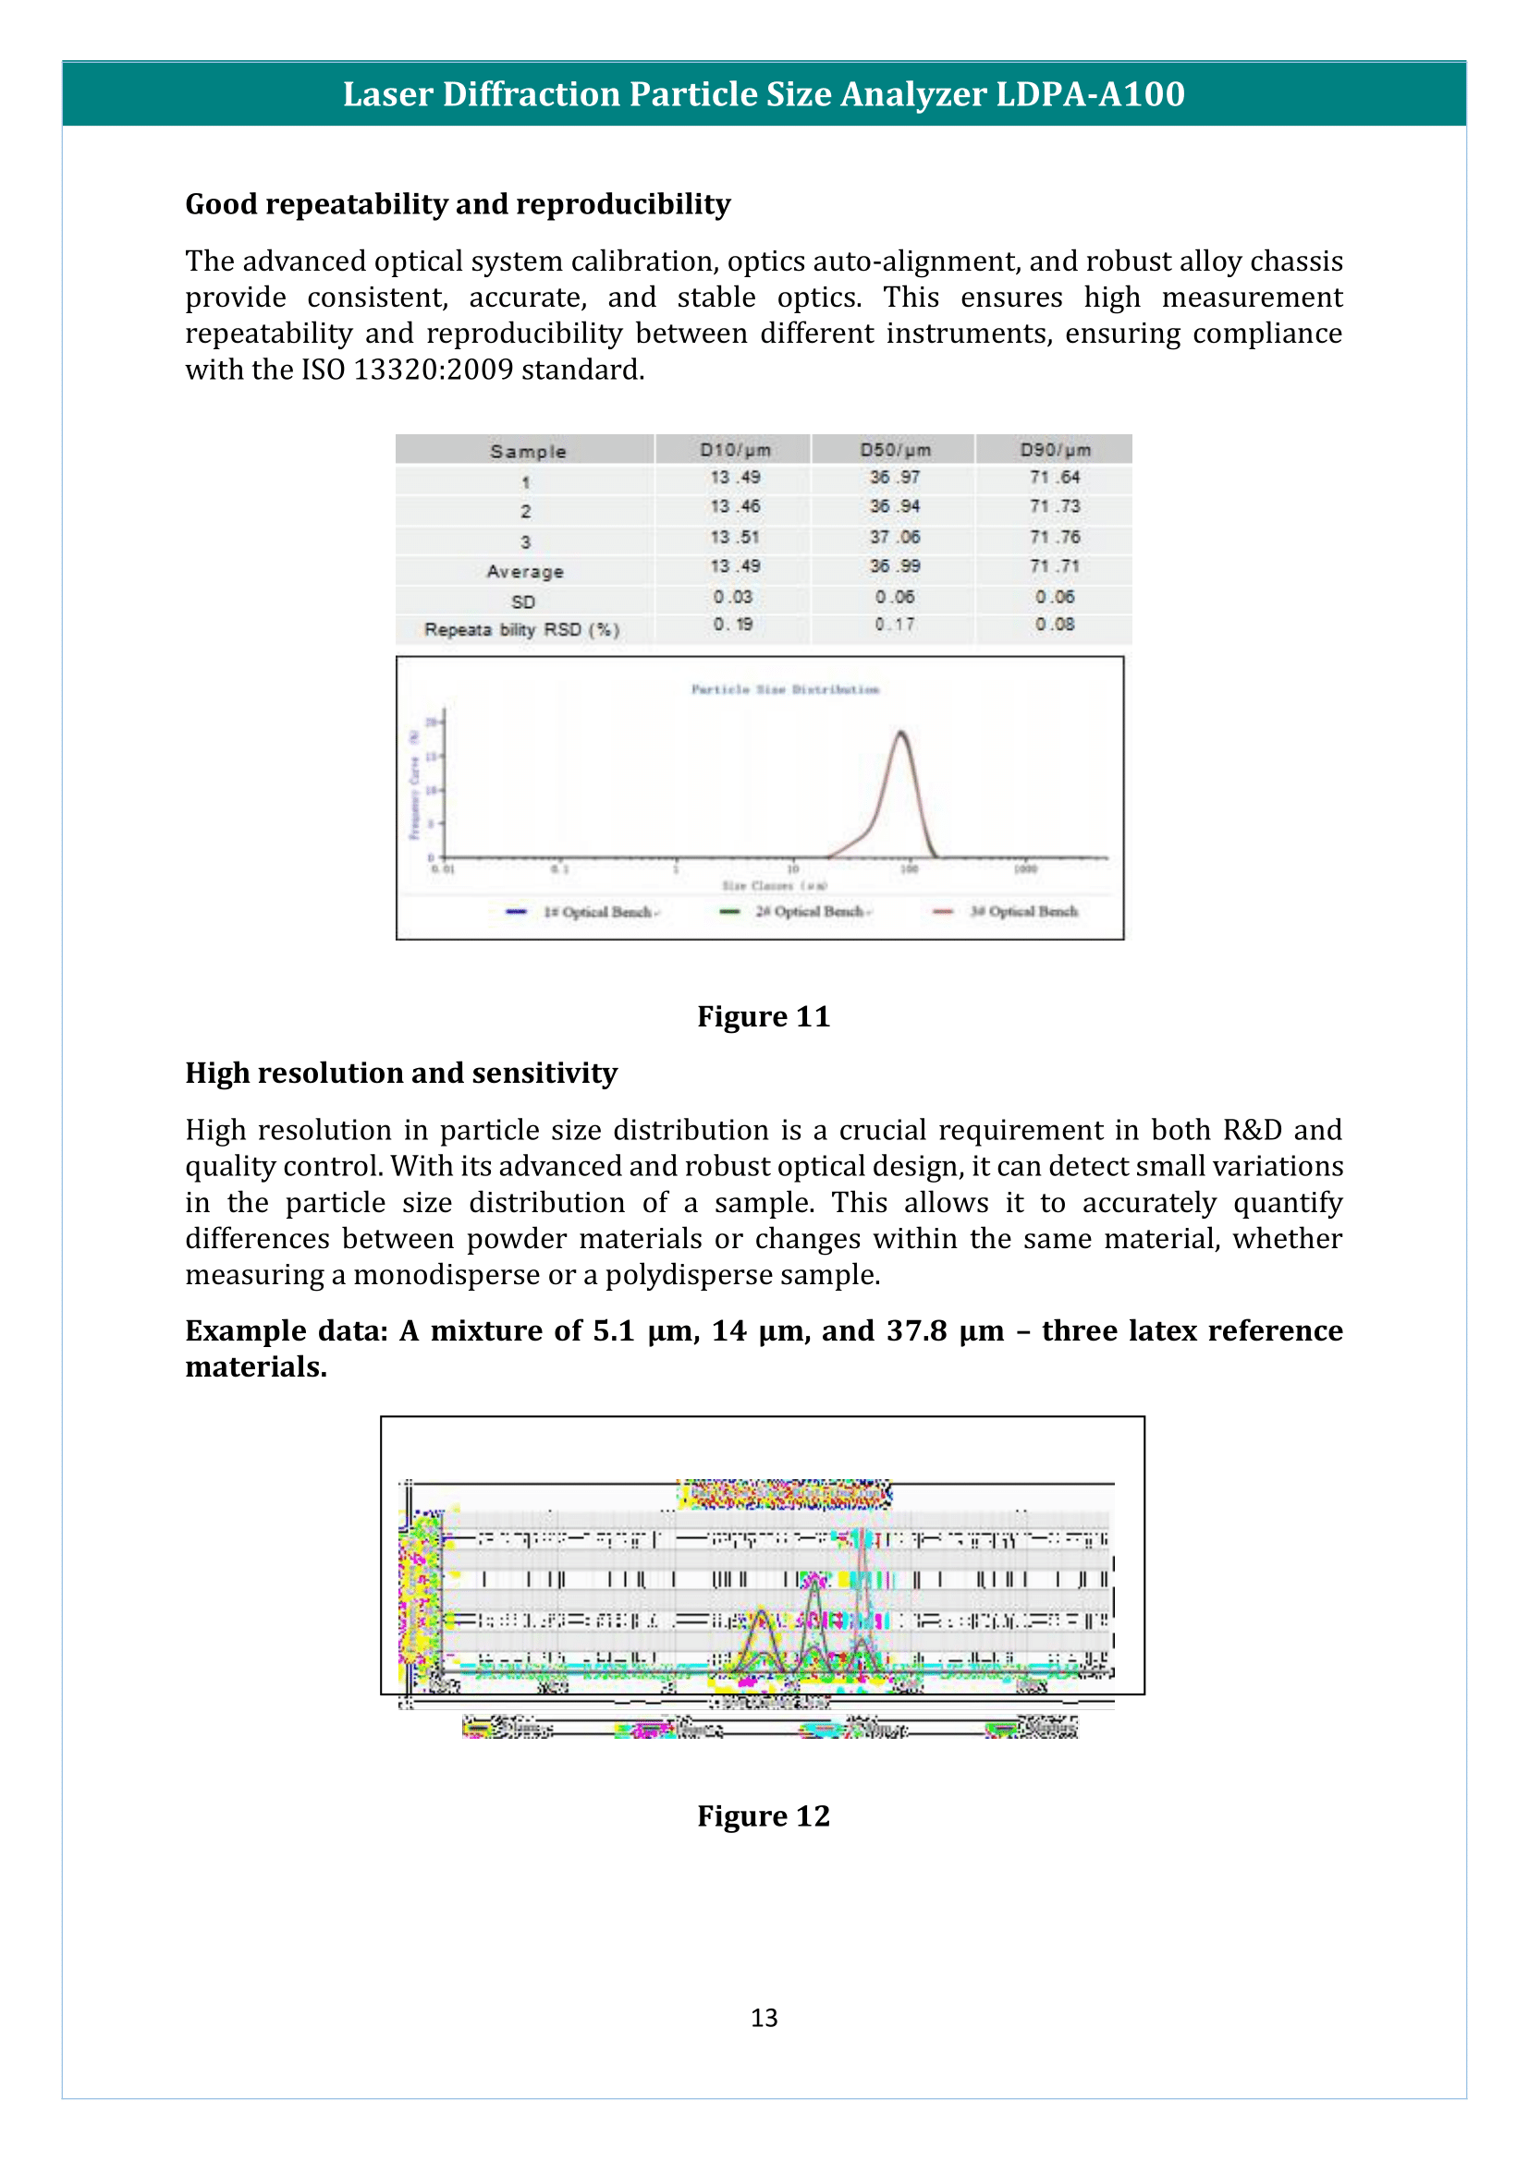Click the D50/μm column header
(895, 450)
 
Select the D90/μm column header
(1055, 450)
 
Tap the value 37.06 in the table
(895, 537)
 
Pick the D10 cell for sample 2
(734, 506)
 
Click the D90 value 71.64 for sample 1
(1055, 477)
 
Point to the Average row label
(524, 571)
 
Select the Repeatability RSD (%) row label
(521, 629)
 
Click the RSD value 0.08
(1055, 624)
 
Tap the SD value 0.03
(732, 597)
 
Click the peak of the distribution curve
(901, 733)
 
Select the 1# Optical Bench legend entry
(599, 911)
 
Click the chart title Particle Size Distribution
(785, 689)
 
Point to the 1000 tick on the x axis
(1025, 868)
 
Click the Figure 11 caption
(764, 1016)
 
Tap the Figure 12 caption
(764, 1815)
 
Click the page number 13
(764, 2017)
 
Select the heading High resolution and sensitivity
(401, 1073)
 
